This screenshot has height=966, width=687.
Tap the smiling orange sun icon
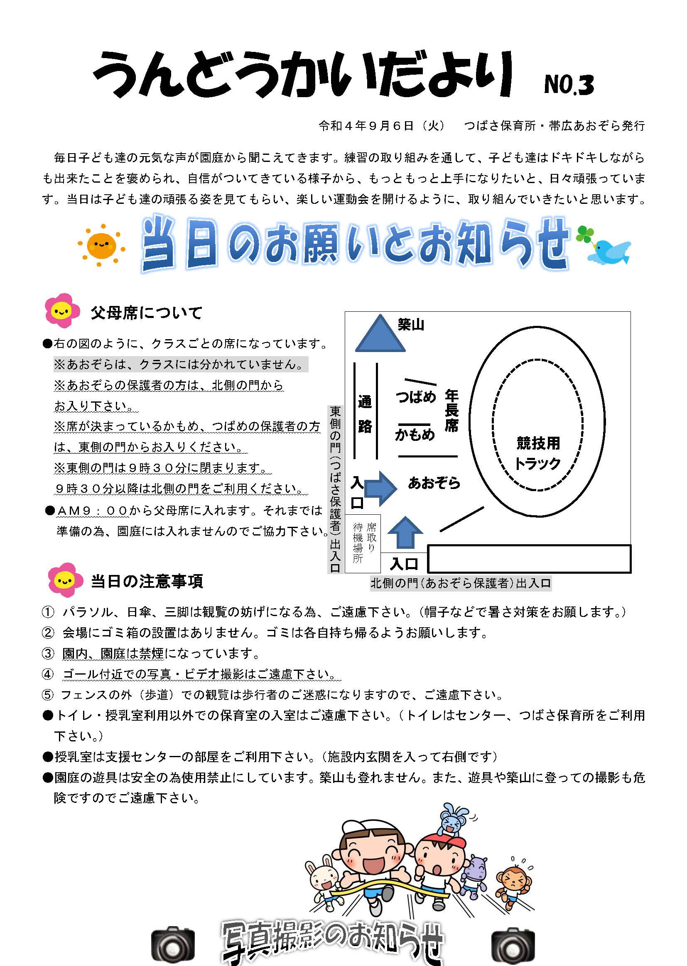(101, 245)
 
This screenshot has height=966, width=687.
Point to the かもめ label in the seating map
(415, 434)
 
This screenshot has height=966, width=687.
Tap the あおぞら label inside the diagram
(434, 482)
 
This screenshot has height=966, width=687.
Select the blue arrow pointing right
(380, 488)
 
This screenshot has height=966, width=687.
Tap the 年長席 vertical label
(451, 411)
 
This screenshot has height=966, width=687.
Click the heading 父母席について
(146, 313)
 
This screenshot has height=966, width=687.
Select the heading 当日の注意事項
(147, 581)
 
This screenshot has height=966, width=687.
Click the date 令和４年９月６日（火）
(382, 125)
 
